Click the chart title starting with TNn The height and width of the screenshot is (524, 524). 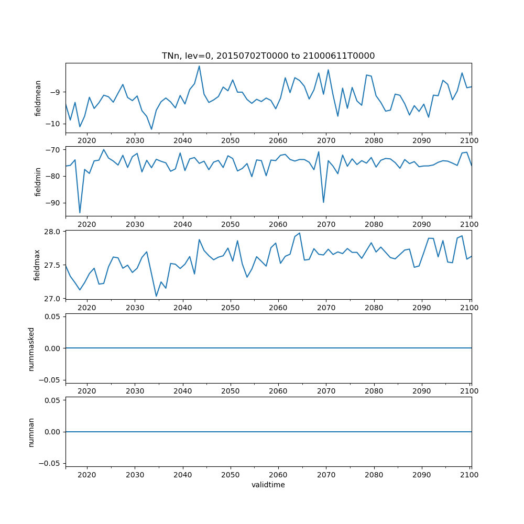pos(268,56)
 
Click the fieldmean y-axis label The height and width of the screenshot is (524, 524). pos(38,98)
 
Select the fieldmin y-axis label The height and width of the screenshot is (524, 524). pos(38,182)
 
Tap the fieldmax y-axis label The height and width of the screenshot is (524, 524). pos(38,265)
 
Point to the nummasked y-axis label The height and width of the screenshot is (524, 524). pos(31,348)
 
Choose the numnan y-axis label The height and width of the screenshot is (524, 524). pos(31,432)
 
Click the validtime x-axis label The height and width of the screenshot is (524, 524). pos(268,485)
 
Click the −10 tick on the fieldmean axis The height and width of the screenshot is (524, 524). pos(54,124)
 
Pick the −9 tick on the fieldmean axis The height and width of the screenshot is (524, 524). pos(57,92)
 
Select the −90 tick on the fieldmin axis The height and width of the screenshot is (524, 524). pos(54,203)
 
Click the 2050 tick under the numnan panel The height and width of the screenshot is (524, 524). pos(230,474)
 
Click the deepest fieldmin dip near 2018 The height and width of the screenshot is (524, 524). pos(80,213)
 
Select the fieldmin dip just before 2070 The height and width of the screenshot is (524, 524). pos(323,202)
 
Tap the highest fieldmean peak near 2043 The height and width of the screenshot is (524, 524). pos(199,66)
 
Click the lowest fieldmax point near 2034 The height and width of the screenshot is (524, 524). pos(156,296)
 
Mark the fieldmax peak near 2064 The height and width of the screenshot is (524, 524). pos(299,233)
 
